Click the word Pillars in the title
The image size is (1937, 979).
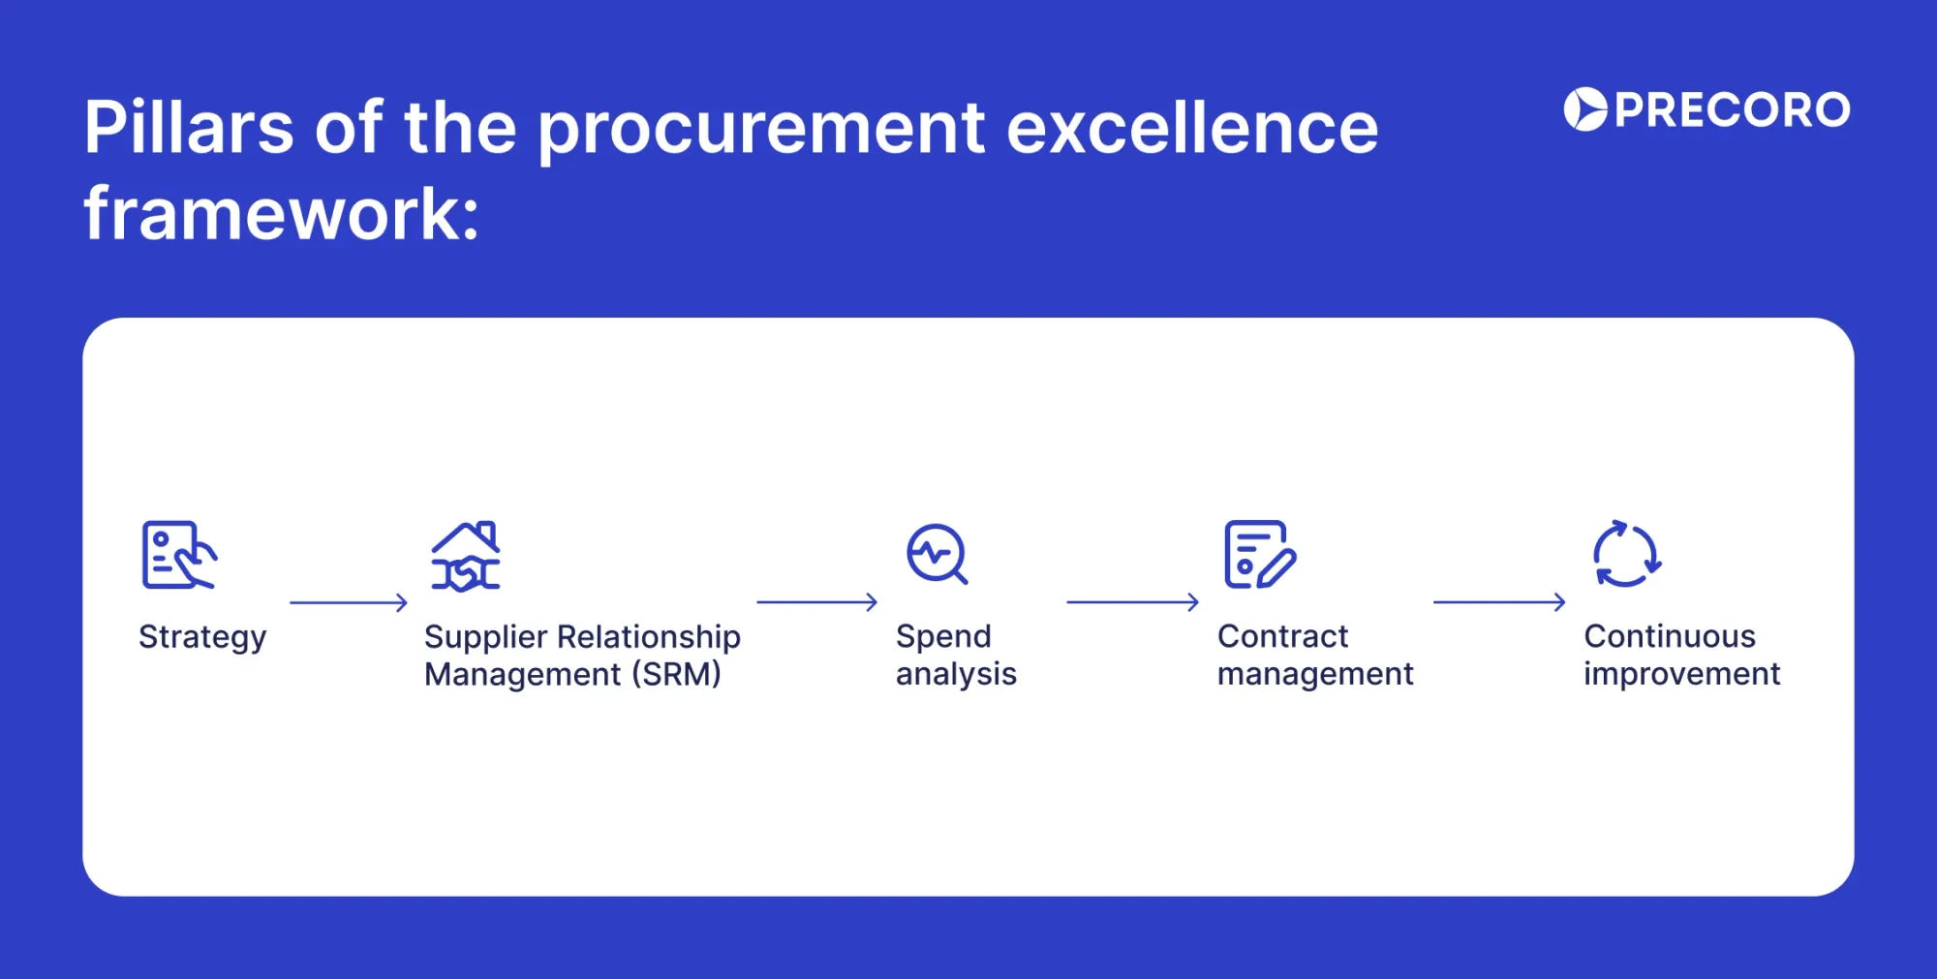(x=189, y=128)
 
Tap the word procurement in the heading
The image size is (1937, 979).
(x=761, y=130)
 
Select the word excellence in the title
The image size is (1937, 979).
(x=1191, y=128)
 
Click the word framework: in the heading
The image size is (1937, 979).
(x=281, y=215)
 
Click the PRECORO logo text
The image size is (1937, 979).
(x=1732, y=109)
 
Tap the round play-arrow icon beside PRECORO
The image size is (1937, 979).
(x=1585, y=109)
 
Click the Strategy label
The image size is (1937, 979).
(x=201, y=637)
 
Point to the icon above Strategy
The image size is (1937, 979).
(x=178, y=555)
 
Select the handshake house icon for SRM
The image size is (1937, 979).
(x=466, y=556)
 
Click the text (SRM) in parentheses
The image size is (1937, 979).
(x=676, y=674)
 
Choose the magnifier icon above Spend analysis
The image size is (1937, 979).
(x=937, y=555)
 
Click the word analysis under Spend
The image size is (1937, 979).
(x=956, y=674)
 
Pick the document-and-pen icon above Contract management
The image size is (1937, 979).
(x=1259, y=555)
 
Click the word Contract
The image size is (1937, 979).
(x=1282, y=636)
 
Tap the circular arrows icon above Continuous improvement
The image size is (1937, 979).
(x=1626, y=555)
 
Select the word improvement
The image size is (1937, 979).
(x=1681, y=674)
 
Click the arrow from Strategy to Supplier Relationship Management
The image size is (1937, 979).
(x=349, y=603)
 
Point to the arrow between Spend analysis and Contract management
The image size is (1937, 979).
(x=1132, y=602)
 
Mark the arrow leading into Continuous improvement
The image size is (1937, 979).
(x=1499, y=602)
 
